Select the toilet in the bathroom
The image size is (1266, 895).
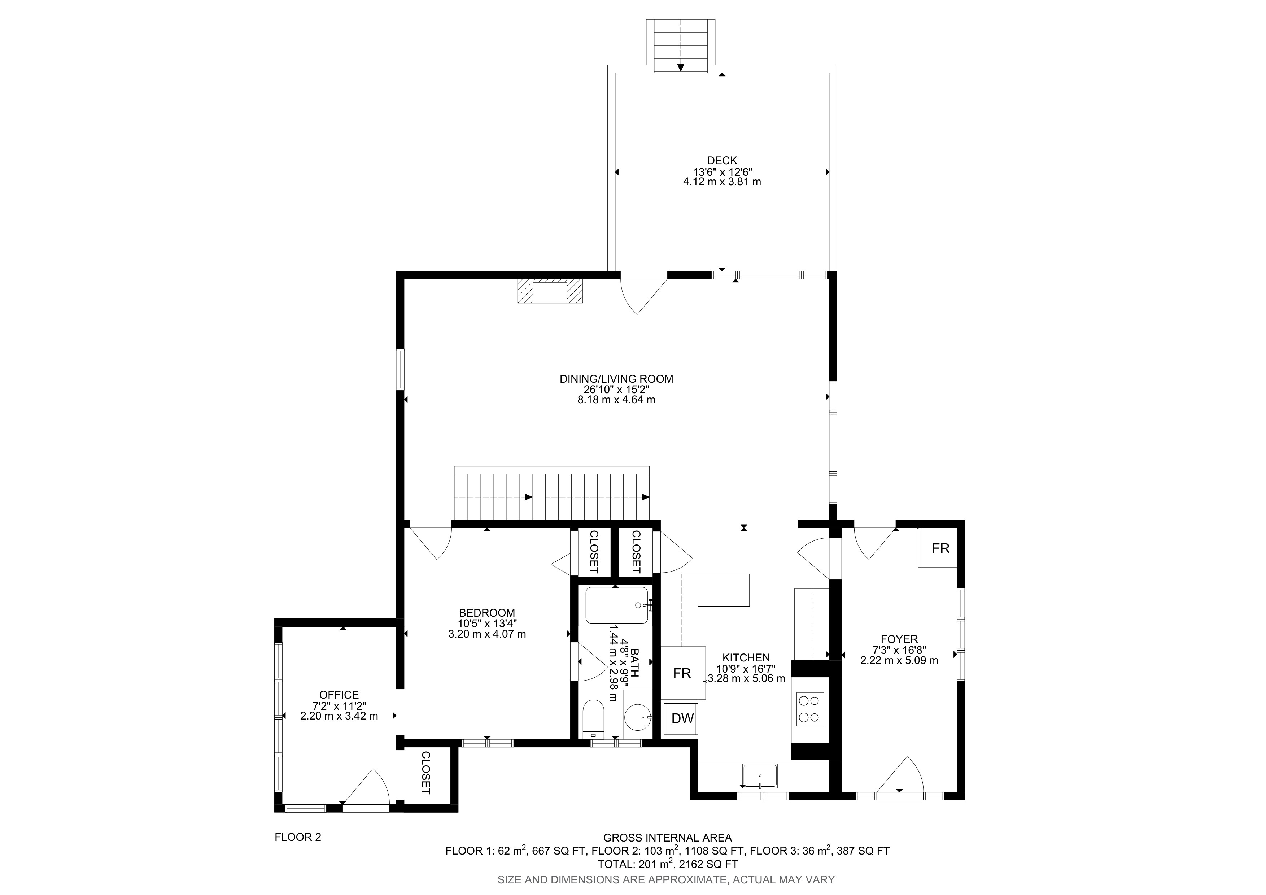pos(593,718)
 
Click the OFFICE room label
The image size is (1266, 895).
pos(339,695)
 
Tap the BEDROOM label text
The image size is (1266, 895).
pos(487,613)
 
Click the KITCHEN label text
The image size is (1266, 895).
pos(746,657)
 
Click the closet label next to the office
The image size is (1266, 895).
pos(426,773)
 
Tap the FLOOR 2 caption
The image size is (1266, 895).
pos(298,837)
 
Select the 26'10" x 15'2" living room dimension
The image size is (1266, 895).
pos(616,389)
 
